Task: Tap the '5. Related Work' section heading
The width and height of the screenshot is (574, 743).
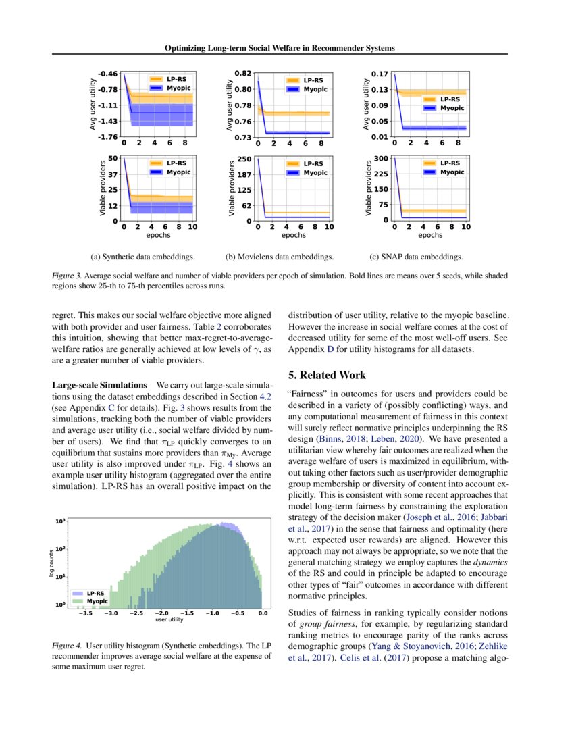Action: pos(328,374)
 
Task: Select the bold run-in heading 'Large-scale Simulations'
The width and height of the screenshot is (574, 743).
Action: pos(100,384)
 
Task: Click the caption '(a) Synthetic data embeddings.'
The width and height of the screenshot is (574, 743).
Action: pos(143,257)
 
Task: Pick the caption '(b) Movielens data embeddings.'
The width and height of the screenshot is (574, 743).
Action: pos(280,257)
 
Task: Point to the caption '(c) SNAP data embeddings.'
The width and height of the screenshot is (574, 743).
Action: pos(417,257)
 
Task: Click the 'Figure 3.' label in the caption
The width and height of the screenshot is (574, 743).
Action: pos(68,276)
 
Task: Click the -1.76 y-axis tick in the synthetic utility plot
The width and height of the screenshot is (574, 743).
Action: pos(109,137)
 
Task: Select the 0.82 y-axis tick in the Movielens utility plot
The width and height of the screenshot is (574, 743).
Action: pos(243,73)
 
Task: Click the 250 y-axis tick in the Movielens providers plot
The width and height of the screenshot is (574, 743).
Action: pos(244,159)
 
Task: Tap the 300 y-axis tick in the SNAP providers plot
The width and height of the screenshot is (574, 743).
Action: pos(382,158)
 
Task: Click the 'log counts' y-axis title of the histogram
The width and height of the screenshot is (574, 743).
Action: pos(51,563)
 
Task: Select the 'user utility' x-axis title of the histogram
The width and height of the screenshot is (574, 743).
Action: pos(169,619)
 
